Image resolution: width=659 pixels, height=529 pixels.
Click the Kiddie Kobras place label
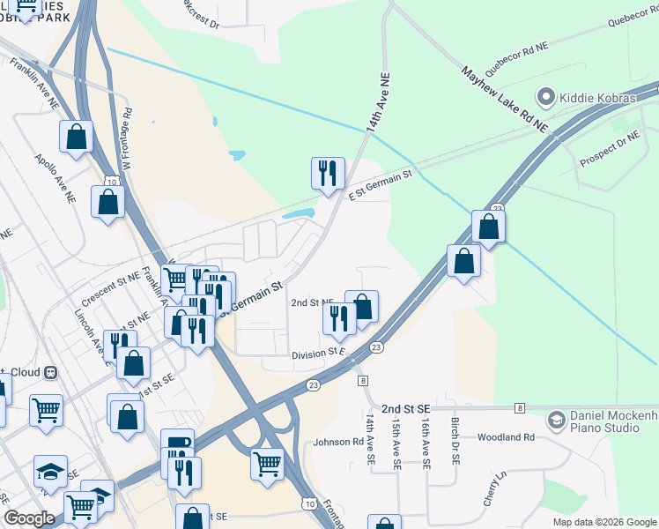(x=597, y=97)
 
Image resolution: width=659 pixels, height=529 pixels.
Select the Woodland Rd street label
(x=506, y=437)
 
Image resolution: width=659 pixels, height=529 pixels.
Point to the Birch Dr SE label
(x=455, y=441)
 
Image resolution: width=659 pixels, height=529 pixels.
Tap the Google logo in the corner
(x=29, y=518)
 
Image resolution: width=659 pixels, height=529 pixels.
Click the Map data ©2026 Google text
(x=603, y=522)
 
